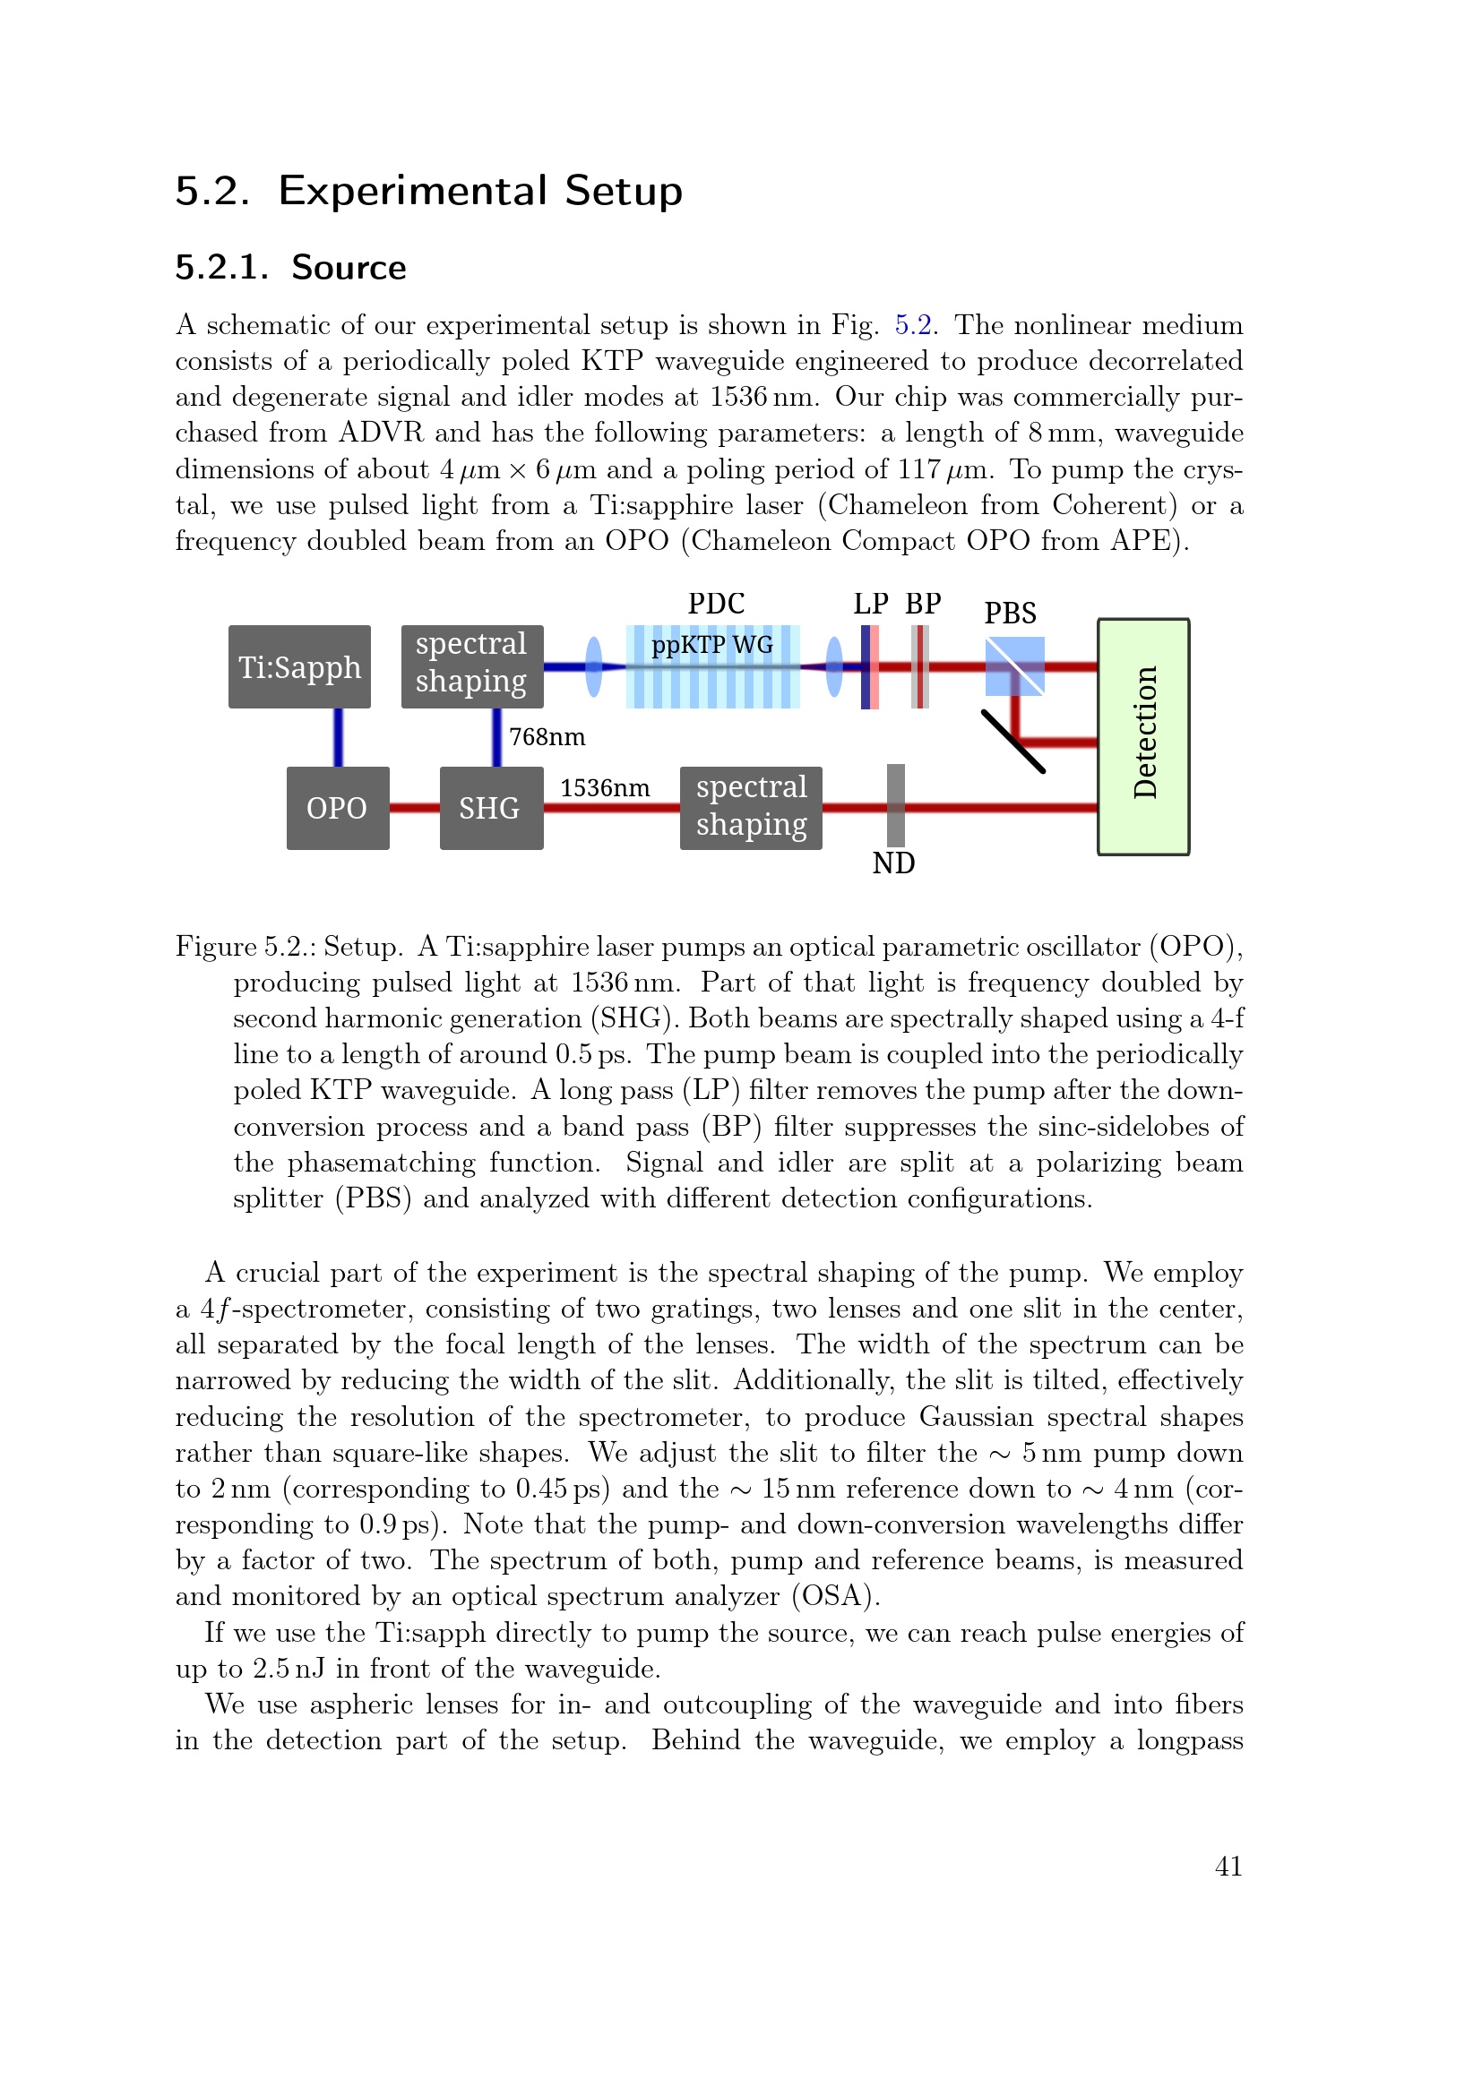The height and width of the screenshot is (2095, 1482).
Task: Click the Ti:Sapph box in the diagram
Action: click(x=299, y=667)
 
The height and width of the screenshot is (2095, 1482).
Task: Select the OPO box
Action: click(x=338, y=809)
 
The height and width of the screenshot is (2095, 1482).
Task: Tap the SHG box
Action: click(x=491, y=809)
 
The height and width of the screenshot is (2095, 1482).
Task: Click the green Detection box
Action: click(x=1142, y=736)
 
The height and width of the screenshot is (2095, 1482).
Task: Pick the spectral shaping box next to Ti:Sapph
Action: click(x=472, y=666)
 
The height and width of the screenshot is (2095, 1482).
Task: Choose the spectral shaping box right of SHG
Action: click(x=750, y=809)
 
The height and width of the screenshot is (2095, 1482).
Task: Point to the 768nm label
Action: click(x=547, y=737)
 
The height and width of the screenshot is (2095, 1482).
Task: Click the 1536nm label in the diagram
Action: click(x=604, y=788)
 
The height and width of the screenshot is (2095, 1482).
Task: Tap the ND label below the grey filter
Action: click(x=893, y=863)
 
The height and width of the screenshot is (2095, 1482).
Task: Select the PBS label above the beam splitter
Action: click(x=1009, y=614)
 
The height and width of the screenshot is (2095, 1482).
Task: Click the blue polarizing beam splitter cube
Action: click(x=1014, y=667)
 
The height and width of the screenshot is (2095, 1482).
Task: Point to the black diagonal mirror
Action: click(x=1013, y=741)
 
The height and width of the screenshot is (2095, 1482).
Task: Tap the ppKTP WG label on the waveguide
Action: click(x=711, y=645)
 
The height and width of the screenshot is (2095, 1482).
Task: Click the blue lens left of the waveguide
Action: click(x=594, y=667)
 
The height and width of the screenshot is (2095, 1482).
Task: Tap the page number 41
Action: click(x=1228, y=1867)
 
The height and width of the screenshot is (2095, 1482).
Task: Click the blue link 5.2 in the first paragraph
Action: click(x=912, y=326)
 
